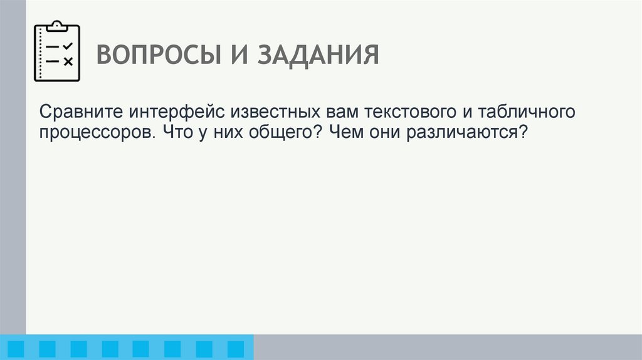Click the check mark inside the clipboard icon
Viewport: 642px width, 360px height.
(x=68, y=46)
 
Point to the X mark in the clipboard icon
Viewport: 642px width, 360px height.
(x=68, y=61)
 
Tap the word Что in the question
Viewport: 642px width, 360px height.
(x=176, y=133)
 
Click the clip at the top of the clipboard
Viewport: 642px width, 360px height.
(x=57, y=26)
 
